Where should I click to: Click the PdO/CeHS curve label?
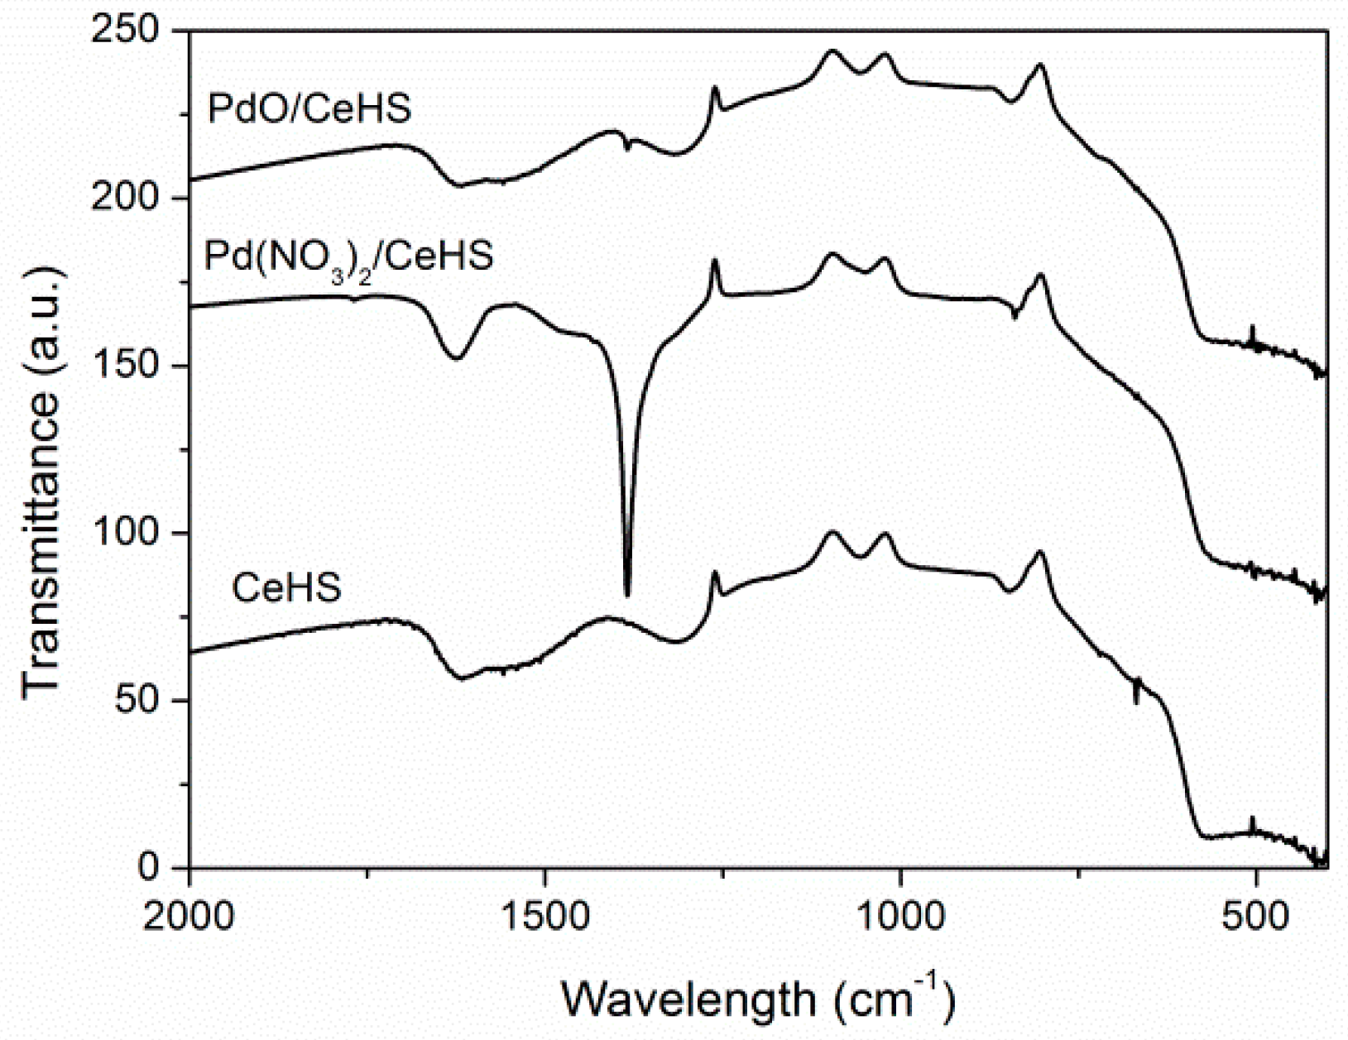tap(309, 108)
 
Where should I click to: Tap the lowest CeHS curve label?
tap(286, 587)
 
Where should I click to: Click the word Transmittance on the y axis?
tap(41, 544)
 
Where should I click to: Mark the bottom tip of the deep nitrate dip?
tap(627, 593)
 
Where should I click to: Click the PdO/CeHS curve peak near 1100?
tap(832, 51)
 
